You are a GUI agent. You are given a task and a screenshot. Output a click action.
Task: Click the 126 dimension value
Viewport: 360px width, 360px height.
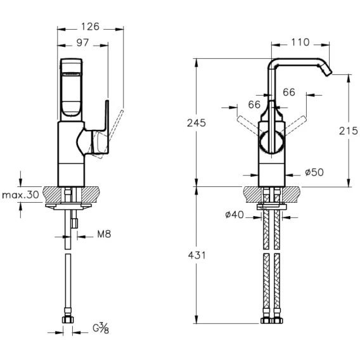pyautogui.click(x=90, y=27)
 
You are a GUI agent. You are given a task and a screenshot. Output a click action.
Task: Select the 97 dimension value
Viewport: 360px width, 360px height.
pyautogui.click(x=82, y=42)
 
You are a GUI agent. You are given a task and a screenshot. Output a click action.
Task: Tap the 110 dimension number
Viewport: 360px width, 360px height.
pyautogui.click(x=300, y=42)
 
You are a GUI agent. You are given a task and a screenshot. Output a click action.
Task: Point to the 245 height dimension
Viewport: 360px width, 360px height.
pyautogui.click(x=196, y=123)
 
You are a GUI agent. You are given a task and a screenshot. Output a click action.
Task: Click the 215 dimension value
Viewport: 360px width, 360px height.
pyautogui.click(x=349, y=131)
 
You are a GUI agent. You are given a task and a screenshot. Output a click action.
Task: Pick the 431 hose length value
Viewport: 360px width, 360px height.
pyautogui.click(x=196, y=255)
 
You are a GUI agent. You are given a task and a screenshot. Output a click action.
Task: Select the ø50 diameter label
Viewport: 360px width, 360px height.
pyautogui.click(x=314, y=172)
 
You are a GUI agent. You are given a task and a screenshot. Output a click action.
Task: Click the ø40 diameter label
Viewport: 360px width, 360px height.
pyautogui.click(x=235, y=215)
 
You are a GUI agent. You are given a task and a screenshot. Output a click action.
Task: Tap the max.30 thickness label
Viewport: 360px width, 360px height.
pyautogui.click(x=20, y=195)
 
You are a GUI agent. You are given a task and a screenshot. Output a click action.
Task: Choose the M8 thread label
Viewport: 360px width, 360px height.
pyautogui.click(x=104, y=234)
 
